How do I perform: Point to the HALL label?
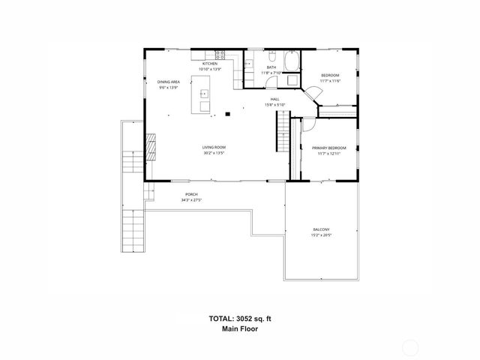point(275,99)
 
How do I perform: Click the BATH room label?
point(271,67)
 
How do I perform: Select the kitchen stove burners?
point(220,54)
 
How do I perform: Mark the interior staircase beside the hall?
point(283,134)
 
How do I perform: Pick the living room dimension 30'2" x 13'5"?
point(214,153)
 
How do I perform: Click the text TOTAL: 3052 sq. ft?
point(240,319)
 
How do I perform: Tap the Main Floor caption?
point(240,329)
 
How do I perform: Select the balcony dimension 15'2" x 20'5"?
point(321,235)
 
